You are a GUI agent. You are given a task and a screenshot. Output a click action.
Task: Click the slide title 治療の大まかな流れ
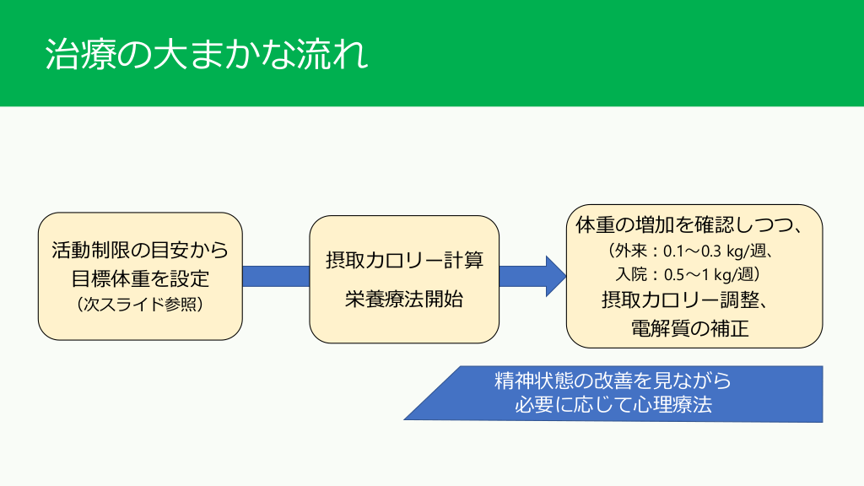207,55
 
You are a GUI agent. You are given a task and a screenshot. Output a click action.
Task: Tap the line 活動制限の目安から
140,250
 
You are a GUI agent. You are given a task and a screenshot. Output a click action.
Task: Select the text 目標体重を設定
140,277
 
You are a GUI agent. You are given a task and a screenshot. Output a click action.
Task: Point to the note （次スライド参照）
140,304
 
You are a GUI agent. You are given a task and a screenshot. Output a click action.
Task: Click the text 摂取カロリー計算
404,260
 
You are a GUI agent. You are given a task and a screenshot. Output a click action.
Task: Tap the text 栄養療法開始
404,299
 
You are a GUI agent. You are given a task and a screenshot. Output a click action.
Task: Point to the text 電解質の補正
689,327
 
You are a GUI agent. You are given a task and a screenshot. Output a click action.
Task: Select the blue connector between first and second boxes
276,276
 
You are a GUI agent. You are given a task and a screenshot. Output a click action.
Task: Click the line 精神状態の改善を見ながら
613,381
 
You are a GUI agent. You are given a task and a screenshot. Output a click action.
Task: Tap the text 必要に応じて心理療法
613,404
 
